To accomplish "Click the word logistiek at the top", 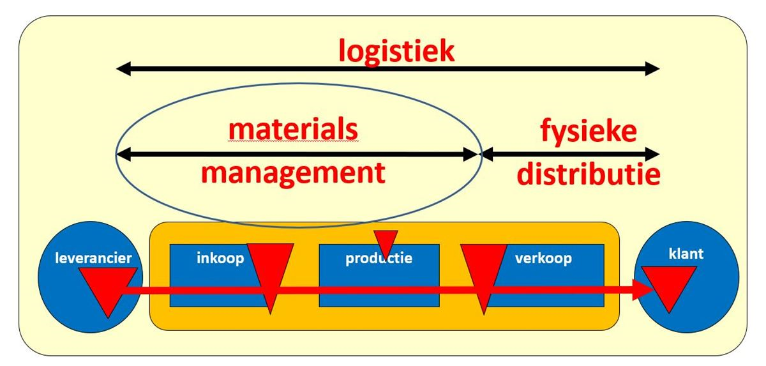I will tap(396, 50).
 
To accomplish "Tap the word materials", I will tap(293, 130).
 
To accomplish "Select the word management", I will tap(293, 172).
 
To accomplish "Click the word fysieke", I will tap(588, 132).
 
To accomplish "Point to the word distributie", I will tap(588, 174).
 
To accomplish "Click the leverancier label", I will tap(93, 259).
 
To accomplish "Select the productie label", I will tap(379, 259).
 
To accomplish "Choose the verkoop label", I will tap(543, 259).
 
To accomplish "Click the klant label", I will tap(686, 254).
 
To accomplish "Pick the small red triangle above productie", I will tap(385, 241).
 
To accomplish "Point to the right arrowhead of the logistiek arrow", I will tap(652, 69).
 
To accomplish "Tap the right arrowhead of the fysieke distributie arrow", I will tap(652, 154).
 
